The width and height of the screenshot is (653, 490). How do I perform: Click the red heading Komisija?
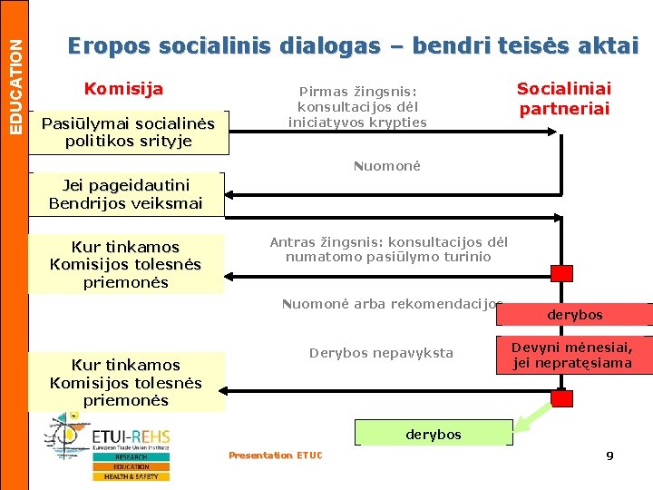[x=123, y=89]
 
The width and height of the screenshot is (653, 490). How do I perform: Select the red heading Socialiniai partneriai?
[x=563, y=99]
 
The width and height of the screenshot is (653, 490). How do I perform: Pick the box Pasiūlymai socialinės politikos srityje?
[x=127, y=132]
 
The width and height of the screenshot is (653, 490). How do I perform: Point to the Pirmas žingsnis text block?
[x=357, y=107]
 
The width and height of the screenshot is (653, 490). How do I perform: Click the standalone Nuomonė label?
[x=387, y=166]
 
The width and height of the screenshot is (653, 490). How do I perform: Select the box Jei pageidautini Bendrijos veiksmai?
[x=125, y=194]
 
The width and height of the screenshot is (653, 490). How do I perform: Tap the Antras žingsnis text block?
[x=388, y=250]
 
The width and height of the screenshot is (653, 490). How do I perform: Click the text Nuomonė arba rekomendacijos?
[x=392, y=304]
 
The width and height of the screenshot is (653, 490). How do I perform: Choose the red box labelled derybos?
[x=574, y=314]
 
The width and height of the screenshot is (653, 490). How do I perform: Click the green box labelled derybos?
[x=434, y=434]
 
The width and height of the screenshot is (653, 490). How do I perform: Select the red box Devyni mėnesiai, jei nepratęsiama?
[x=571, y=355]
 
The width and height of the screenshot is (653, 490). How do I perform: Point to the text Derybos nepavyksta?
[x=381, y=353]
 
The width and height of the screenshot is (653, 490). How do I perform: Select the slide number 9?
[x=609, y=456]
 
